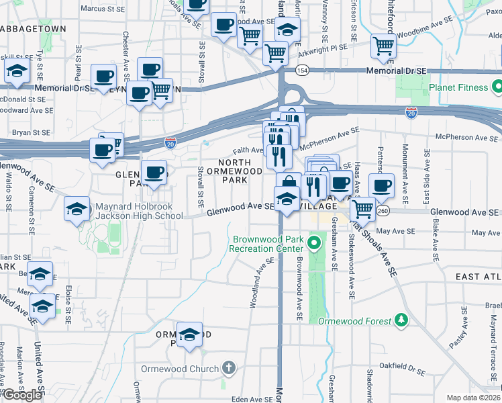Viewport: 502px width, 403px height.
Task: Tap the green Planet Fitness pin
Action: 497,87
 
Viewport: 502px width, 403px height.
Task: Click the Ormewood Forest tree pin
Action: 401,320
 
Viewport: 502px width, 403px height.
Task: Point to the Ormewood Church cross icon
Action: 229,368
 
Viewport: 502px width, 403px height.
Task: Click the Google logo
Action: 22,395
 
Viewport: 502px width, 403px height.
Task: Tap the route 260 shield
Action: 383,212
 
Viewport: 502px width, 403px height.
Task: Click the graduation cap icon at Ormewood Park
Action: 190,334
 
